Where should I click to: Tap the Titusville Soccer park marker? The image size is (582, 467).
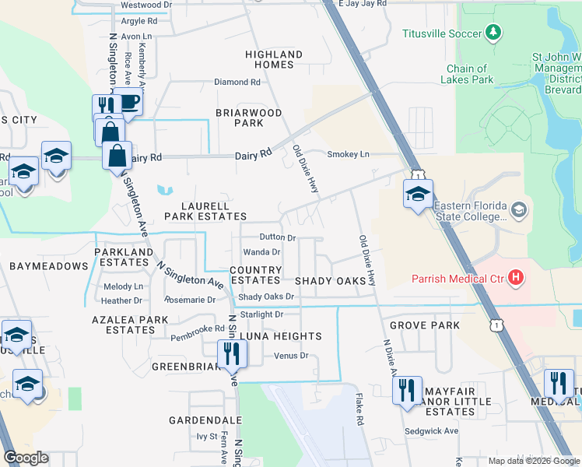click(493, 33)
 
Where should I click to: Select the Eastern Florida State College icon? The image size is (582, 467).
click(520, 210)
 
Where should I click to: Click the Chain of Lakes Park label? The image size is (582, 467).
click(467, 74)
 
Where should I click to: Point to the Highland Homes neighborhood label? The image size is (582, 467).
click(274, 59)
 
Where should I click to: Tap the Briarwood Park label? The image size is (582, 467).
click(249, 118)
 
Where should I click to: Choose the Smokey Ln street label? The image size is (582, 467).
click(348, 154)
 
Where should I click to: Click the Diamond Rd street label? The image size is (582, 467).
click(237, 82)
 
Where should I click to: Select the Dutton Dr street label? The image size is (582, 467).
click(278, 237)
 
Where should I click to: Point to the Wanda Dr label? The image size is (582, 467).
click(261, 252)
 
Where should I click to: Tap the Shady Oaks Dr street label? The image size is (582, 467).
click(266, 297)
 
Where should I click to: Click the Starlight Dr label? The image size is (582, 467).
click(261, 314)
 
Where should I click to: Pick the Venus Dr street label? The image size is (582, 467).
click(292, 356)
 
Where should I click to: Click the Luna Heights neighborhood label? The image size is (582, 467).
click(280, 336)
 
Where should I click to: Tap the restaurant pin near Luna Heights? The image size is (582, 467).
click(232, 353)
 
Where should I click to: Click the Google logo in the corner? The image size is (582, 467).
click(26, 458)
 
